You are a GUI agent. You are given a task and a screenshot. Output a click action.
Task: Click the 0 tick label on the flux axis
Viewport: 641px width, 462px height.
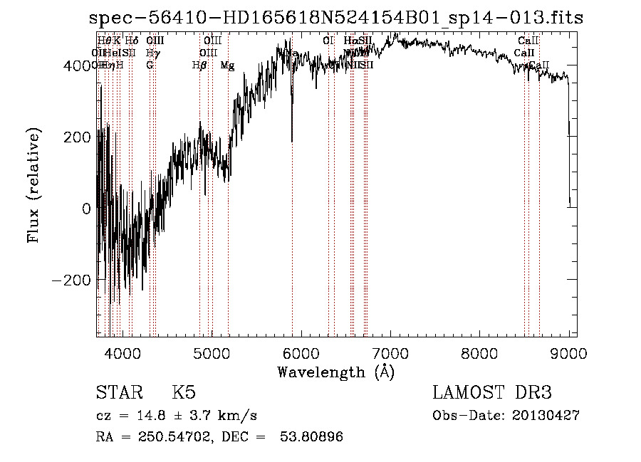86,209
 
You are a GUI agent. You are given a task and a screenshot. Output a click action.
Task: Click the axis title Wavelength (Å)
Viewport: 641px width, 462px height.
335,372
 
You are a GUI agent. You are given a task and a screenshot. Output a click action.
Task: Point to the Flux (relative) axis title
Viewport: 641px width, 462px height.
34,186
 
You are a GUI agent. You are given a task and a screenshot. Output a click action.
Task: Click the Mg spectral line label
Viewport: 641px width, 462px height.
227,65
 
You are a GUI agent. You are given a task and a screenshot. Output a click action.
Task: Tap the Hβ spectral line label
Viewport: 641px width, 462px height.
199,65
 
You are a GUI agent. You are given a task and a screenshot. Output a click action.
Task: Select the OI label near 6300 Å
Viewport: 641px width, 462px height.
328,41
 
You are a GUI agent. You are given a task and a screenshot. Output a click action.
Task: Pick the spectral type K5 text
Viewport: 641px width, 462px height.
184,393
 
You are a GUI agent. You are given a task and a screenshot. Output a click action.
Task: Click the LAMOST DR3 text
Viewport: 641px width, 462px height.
492,393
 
